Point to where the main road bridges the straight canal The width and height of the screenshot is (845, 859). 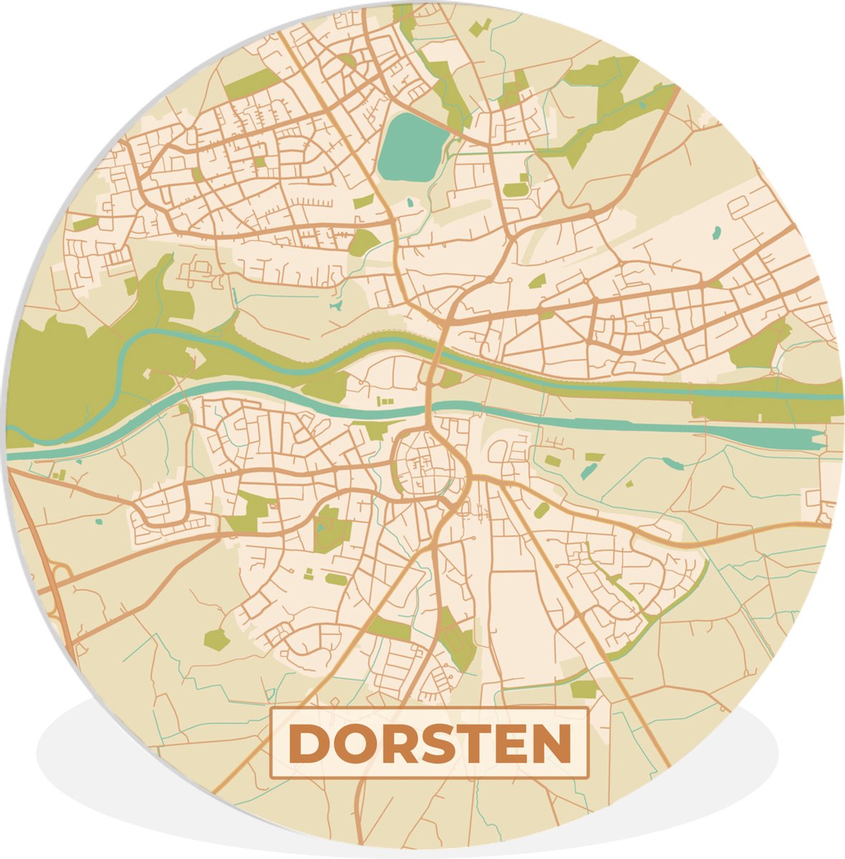coord(430,409)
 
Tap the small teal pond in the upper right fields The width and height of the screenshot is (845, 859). coord(717,232)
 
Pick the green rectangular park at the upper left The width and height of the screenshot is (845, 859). coord(251,84)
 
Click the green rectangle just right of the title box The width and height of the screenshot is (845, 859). coord(584,689)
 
